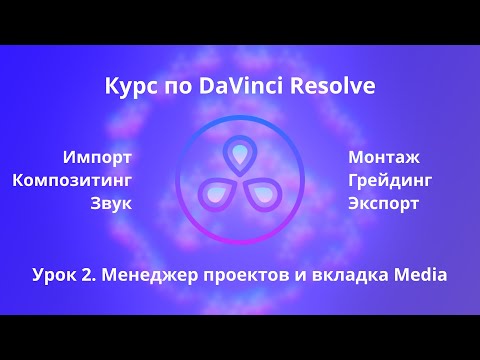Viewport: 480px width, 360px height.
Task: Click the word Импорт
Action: tap(96, 157)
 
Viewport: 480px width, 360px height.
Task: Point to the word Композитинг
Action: tap(73, 180)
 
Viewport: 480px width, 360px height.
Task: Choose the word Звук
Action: tap(110, 204)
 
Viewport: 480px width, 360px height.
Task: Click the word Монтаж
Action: tap(384, 157)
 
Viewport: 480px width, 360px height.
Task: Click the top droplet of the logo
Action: tap(239, 153)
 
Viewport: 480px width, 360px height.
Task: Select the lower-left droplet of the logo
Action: tap(215, 192)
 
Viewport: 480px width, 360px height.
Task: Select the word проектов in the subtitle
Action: tap(240, 273)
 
